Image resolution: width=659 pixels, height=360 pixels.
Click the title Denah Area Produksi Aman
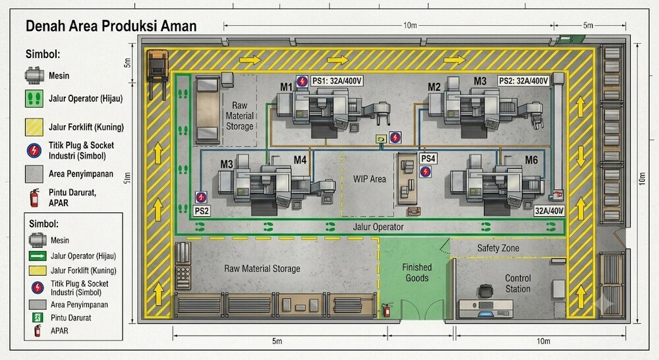click(111, 26)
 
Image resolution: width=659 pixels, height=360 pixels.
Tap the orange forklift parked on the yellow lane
click(158, 66)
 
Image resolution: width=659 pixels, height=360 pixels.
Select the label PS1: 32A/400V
click(337, 80)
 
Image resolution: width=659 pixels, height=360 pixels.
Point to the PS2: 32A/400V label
click(523, 80)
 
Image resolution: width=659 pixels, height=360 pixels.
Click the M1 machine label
click(286, 87)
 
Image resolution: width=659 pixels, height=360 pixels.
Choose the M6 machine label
click(531, 160)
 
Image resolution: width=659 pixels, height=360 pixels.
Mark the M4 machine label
click(300, 160)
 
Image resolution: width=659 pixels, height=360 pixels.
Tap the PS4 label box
click(428, 158)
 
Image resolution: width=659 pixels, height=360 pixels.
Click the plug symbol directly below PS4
click(425, 171)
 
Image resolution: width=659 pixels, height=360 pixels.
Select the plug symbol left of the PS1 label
click(302, 81)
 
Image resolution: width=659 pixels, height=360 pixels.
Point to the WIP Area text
click(370, 179)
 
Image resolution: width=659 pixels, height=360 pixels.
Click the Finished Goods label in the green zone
click(417, 272)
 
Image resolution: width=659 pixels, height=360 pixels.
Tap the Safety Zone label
click(498, 248)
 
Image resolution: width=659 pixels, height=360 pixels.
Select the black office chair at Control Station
click(486, 291)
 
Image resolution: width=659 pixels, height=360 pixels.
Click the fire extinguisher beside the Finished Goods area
click(387, 309)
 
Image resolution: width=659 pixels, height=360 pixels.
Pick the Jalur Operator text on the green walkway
click(378, 227)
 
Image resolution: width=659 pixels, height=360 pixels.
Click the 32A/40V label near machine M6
click(550, 211)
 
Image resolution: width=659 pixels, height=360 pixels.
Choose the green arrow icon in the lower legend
click(38, 256)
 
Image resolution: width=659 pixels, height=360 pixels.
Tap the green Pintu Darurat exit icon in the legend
click(38, 318)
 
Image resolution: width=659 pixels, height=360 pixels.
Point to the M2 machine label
click(434, 87)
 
